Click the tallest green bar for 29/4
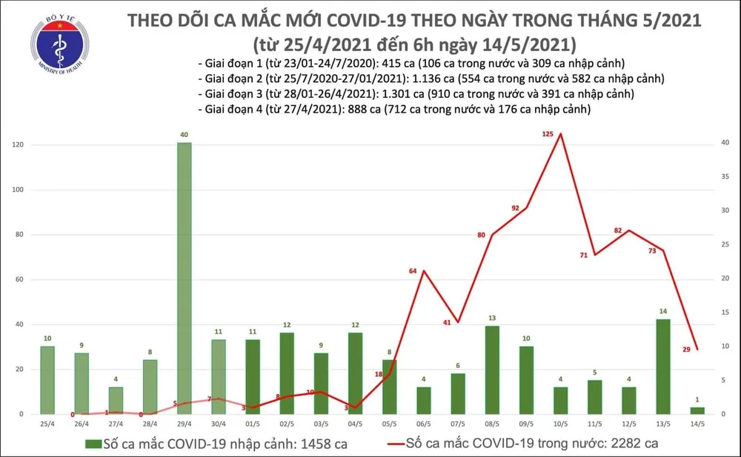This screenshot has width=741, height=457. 185,278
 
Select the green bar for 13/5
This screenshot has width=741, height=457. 663,366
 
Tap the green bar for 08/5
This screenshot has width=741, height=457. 491,370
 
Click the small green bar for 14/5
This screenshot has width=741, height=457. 698,410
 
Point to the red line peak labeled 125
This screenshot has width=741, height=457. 560,134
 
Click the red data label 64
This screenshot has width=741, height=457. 413,271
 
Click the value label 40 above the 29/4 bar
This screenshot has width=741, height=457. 185,135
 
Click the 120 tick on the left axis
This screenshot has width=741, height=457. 26,145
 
